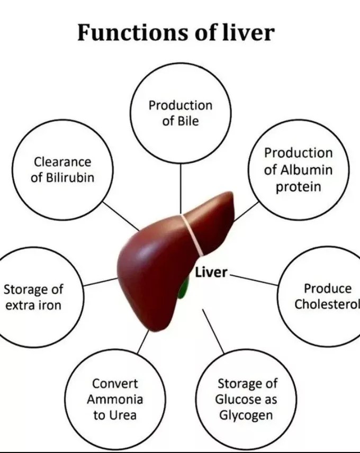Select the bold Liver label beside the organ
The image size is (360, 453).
[x=211, y=273]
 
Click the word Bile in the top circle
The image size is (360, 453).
[x=187, y=121]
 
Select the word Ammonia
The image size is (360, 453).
[x=115, y=399]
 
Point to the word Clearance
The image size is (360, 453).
[x=62, y=162]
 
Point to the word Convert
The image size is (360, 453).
[x=115, y=383]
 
